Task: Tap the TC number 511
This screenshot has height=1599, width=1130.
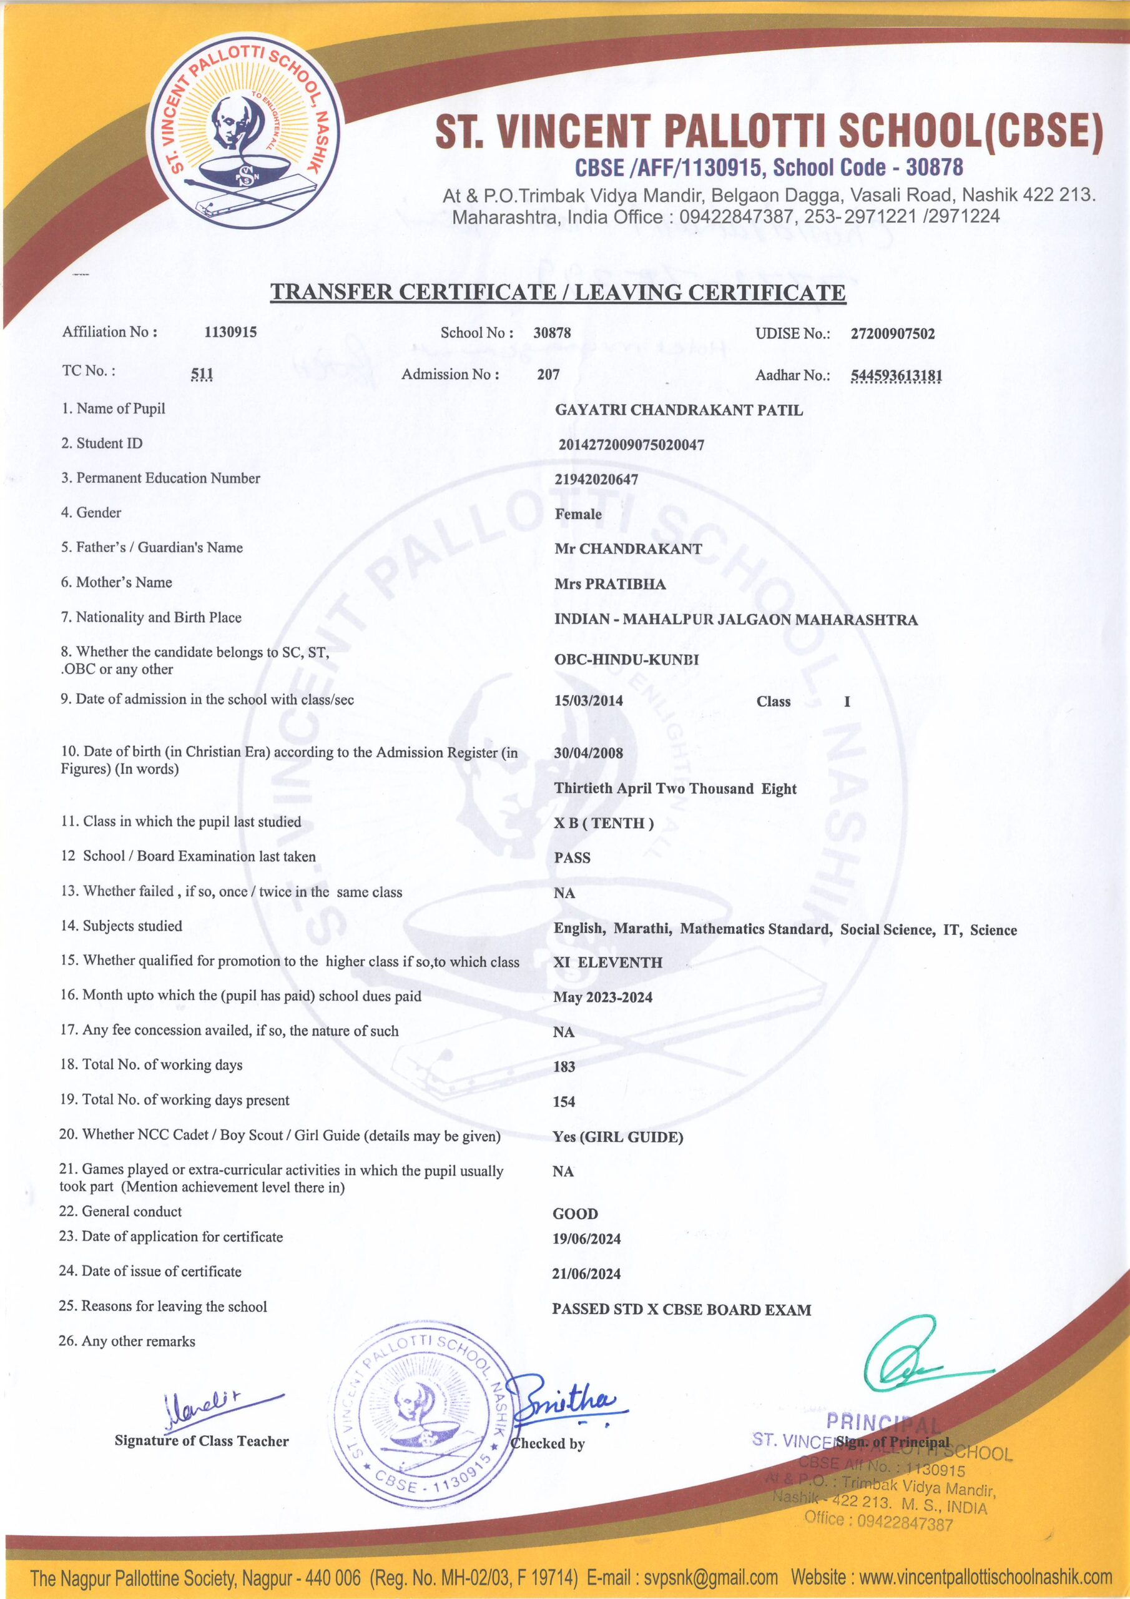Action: pos(202,374)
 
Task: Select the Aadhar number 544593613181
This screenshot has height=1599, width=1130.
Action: pos(896,376)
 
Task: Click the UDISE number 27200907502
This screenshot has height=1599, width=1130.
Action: pos(893,334)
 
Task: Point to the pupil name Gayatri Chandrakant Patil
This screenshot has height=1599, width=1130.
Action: pos(678,410)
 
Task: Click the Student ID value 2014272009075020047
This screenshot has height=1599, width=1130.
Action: pos(631,445)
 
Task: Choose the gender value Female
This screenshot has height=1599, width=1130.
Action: pos(578,514)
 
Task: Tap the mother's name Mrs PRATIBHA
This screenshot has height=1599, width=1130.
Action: pos(609,583)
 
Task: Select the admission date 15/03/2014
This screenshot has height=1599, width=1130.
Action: pos(588,701)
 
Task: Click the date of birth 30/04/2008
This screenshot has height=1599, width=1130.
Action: pos(588,753)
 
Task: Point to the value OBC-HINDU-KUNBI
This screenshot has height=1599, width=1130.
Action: pos(626,659)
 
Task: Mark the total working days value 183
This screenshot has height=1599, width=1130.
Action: pos(564,1066)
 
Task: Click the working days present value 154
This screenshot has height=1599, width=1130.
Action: pos(564,1101)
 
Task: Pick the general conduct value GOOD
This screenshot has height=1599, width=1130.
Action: pos(575,1214)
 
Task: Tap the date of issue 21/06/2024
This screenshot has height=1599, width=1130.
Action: pos(586,1274)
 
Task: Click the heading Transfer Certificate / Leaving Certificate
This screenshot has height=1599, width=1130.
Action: pos(558,292)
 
